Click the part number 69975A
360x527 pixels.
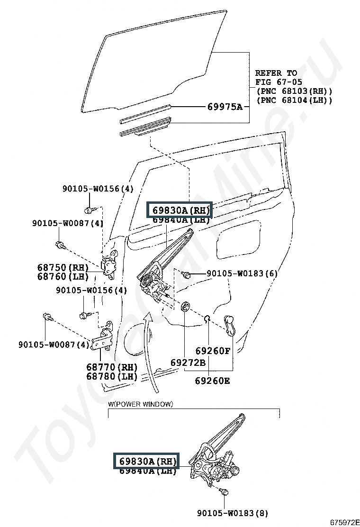(x=225, y=107)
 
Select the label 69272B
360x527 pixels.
(x=188, y=363)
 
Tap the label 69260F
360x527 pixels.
(x=213, y=351)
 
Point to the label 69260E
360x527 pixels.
(x=213, y=380)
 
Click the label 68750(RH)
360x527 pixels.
(x=63, y=268)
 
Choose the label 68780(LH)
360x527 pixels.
(x=112, y=376)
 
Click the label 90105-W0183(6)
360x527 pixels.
(x=242, y=273)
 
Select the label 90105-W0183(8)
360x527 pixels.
(x=232, y=513)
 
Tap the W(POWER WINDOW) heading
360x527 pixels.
(x=141, y=404)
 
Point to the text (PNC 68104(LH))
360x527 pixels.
(x=294, y=100)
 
